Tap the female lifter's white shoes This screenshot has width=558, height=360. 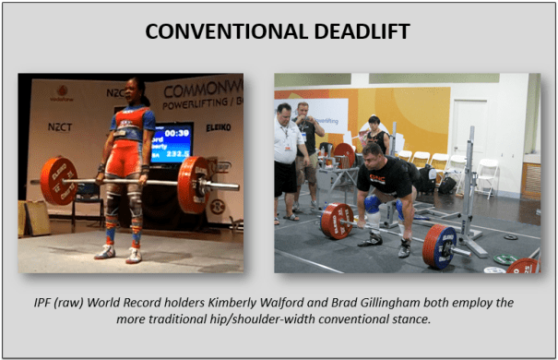coord(120,253)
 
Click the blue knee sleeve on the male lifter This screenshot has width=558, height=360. coord(374,206)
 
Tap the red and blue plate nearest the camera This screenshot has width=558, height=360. coord(439,246)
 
